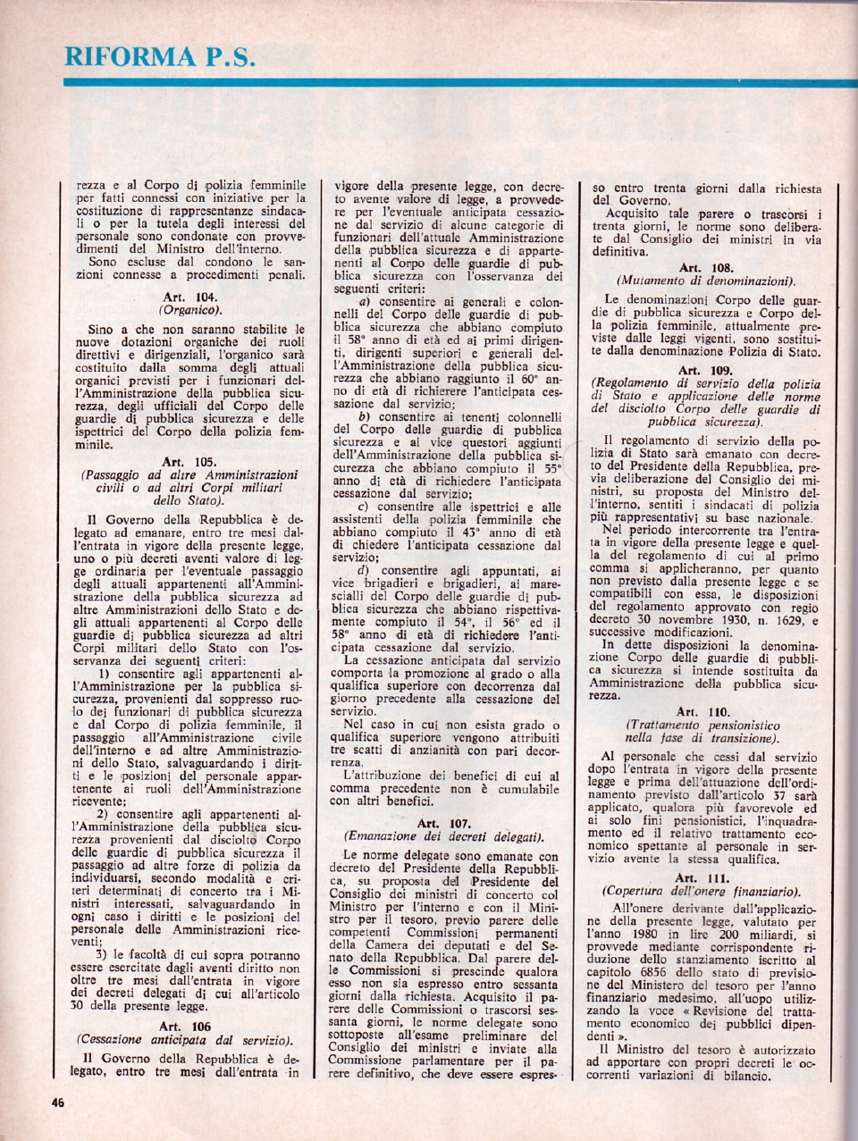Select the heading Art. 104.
[x=190, y=297]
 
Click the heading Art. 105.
[x=189, y=462]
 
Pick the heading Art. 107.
[x=444, y=823]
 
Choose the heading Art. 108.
[x=706, y=267]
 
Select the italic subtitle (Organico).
[x=189, y=310]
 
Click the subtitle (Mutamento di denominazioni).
[x=706, y=281]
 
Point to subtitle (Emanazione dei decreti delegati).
[x=444, y=837]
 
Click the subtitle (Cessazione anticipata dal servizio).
[x=185, y=1040]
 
